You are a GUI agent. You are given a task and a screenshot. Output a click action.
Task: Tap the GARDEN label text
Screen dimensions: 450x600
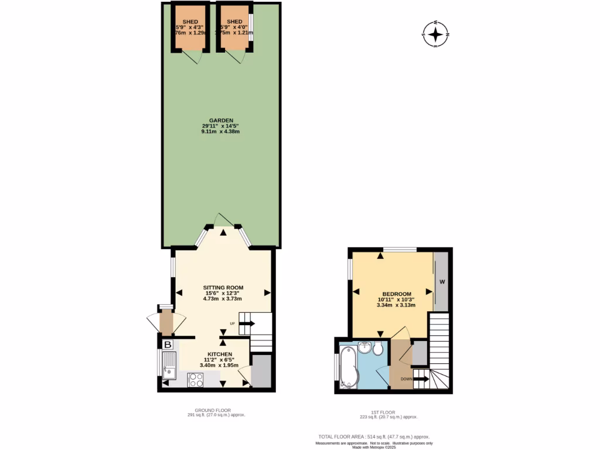[x=220, y=120]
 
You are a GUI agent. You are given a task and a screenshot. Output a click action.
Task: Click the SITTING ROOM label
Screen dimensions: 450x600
[x=223, y=287]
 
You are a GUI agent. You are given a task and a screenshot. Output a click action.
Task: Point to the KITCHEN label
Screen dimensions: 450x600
[x=220, y=354]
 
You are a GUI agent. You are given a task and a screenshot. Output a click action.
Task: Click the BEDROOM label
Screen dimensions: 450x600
[x=397, y=294]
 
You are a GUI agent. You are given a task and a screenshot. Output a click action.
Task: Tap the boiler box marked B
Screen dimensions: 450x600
[x=168, y=345]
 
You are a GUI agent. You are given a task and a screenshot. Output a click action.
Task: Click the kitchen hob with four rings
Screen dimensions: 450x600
[x=196, y=380]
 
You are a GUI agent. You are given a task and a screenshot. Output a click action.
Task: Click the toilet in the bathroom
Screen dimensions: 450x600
[x=379, y=349]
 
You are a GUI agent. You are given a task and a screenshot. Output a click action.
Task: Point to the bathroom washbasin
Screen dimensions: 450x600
[x=365, y=348]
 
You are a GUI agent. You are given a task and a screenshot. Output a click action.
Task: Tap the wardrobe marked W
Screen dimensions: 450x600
[x=442, y=282]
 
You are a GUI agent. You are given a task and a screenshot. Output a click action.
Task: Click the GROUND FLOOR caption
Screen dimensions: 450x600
[x=213, y=410]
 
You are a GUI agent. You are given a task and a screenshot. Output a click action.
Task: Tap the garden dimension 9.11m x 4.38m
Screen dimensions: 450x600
[x=220, y=132]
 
